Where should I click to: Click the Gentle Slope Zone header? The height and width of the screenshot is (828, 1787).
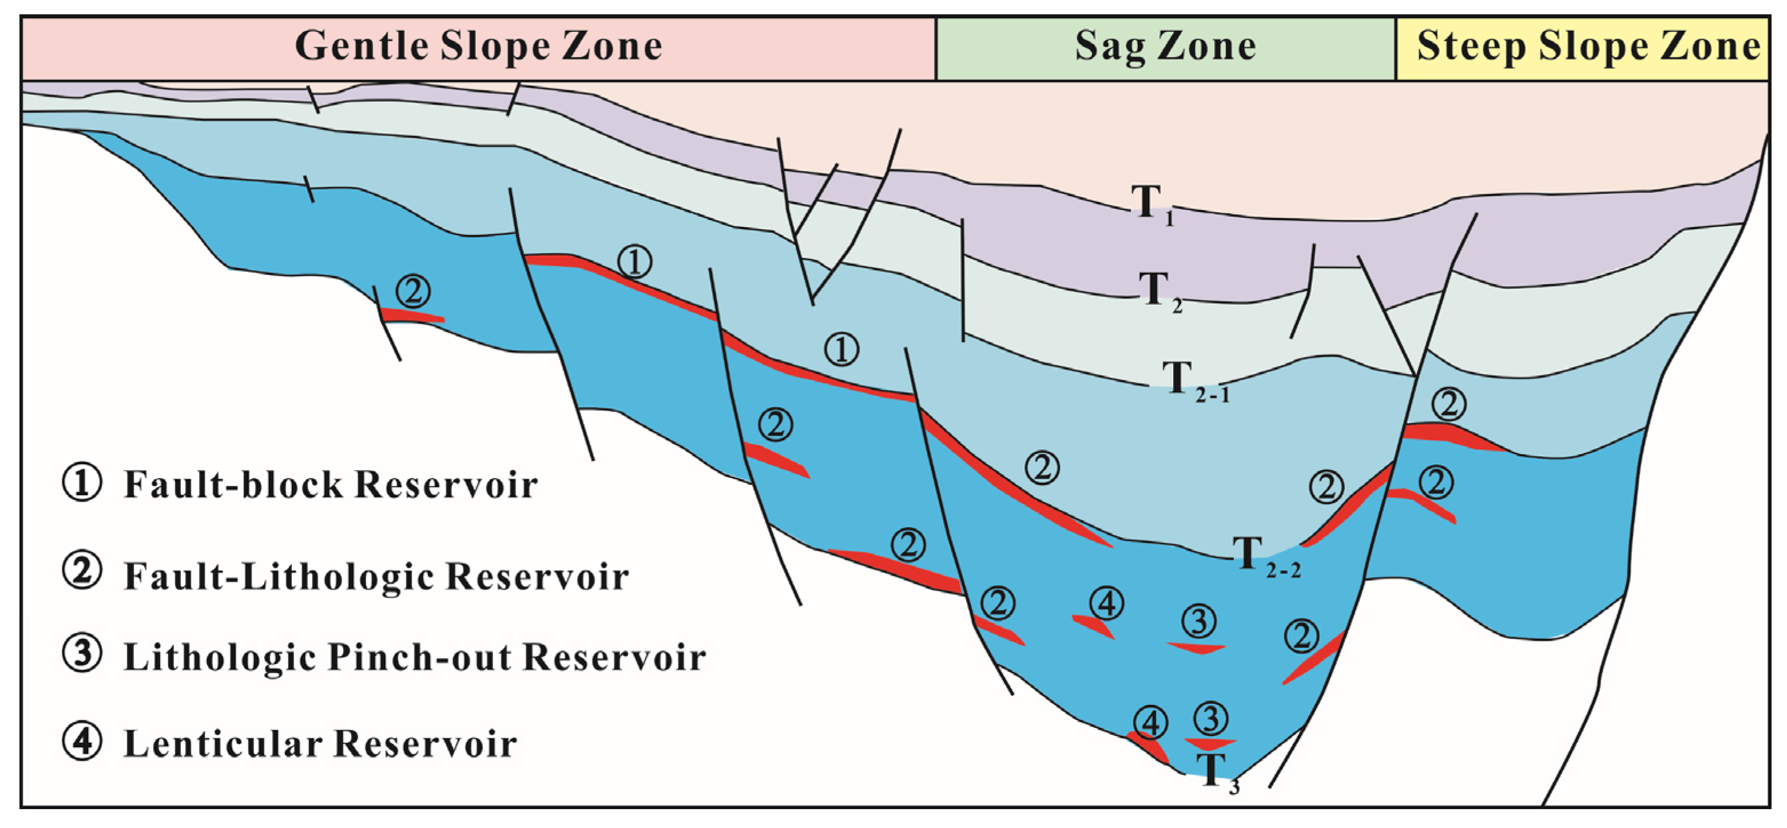coord(479,47)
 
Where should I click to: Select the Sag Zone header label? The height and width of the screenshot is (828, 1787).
coord(1165,47)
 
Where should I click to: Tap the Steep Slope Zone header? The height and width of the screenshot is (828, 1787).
coord(1589,47)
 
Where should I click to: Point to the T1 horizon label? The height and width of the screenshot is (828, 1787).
coord(1151,205)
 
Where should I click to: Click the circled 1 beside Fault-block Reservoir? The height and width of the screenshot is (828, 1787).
coord(82,483)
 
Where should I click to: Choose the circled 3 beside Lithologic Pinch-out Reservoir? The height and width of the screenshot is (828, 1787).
coord(82,655)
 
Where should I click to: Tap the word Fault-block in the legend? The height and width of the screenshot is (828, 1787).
coord(233,485)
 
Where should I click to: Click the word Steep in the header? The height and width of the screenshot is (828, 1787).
coord(1471,47)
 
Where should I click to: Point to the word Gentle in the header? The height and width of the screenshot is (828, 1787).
coord(361,47)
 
